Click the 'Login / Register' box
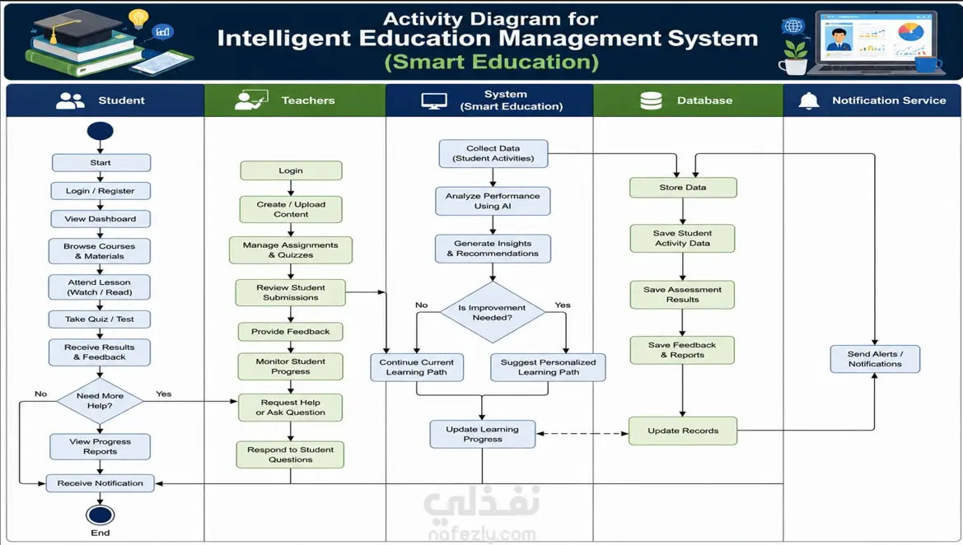(101, 191)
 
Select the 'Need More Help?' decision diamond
(101, 401)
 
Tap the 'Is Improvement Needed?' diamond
(493, 312)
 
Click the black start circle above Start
(101, 131)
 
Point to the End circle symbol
(101, 515)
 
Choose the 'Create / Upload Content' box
(291, 209)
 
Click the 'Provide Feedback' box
(291, 332)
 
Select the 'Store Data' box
(683, 187)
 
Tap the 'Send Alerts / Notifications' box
(875, 359)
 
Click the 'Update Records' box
(683, 431)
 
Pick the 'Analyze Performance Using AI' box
(493, 202)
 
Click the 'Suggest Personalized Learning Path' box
(549, 367)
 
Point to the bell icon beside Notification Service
(809, 100)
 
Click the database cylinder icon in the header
(651, 100)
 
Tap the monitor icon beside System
(434, 100)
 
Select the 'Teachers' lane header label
(308, 100)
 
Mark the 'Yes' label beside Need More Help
(163, 394)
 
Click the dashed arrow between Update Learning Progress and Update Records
(582, 433)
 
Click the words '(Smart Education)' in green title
(491, 62)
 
